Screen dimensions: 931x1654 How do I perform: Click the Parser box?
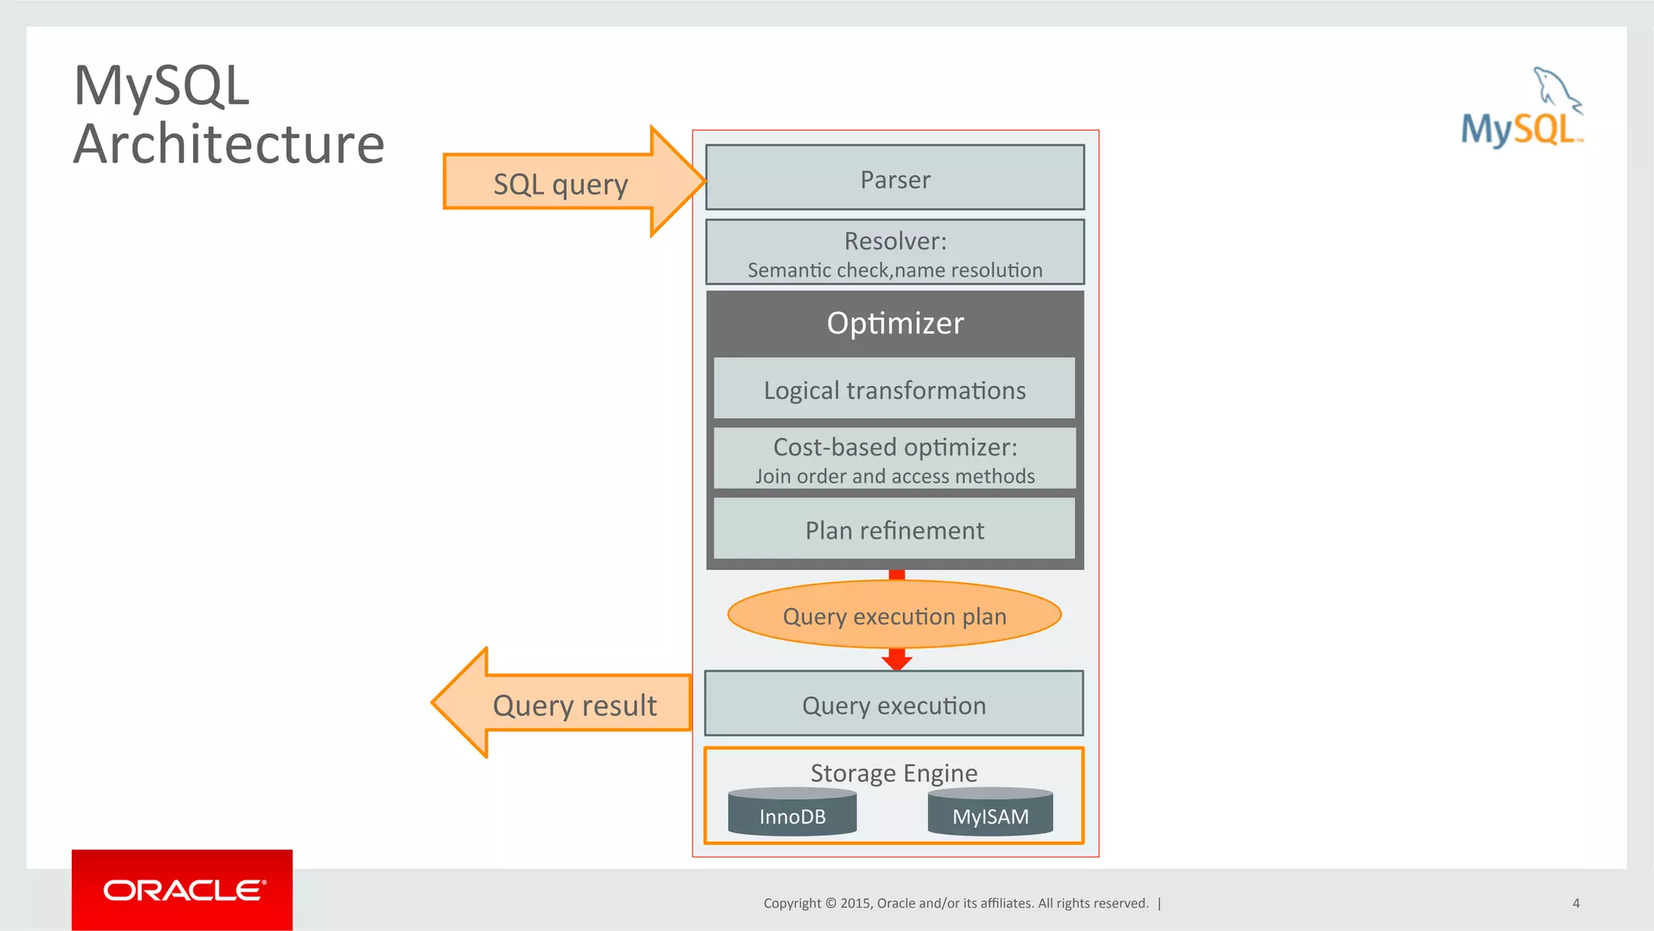[895, 178]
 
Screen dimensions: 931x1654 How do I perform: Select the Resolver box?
[895, 252]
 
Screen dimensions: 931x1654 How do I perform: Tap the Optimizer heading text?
[895, 323]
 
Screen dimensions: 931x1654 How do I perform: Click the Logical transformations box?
[895, 390]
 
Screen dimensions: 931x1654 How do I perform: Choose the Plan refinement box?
[895, 530]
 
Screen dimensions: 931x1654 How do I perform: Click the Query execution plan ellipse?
[895, 615]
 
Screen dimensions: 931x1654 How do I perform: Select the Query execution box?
[894, 704]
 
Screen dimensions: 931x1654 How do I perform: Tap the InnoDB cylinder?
[792, 813]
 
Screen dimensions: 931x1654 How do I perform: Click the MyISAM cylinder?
[990, 813]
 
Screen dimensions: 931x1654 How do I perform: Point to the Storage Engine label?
[894, 773]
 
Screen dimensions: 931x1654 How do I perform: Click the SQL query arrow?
[565, 183]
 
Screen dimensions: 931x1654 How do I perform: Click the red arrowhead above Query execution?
[896, 663]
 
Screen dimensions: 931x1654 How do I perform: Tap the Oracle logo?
[183, 890]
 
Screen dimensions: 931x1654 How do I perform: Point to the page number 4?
[1576, 903]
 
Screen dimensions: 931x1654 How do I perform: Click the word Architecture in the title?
[229, 144]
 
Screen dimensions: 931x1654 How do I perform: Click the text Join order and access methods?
[895, 476]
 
